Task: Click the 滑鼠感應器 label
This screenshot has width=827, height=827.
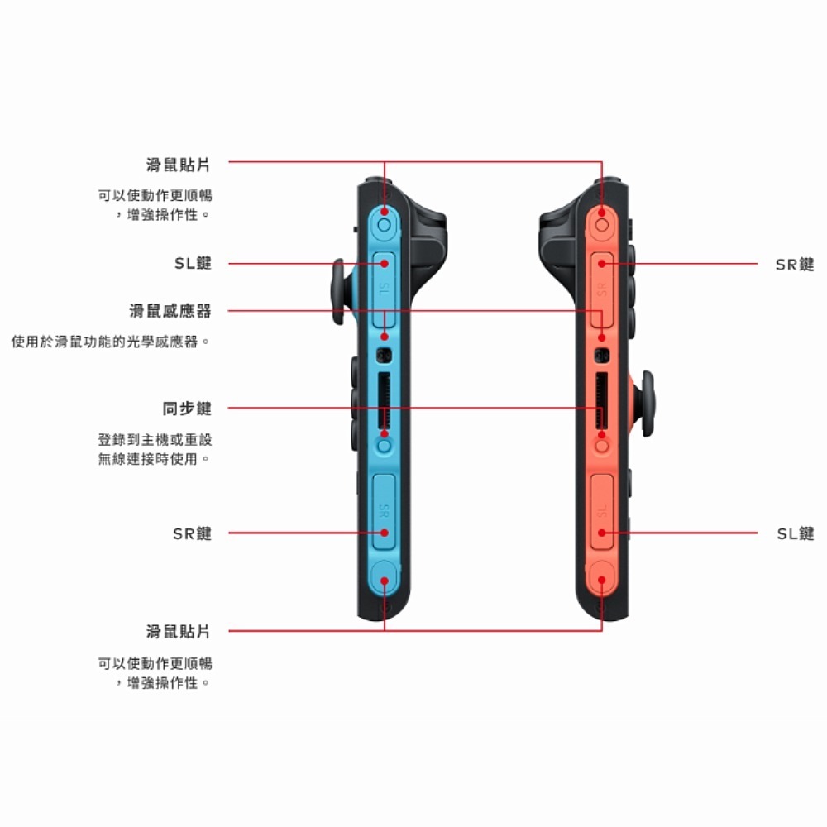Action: tap(170, 311)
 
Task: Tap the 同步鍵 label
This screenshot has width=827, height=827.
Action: tap(187, 409)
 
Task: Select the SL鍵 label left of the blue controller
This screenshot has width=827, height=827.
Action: tap(193, 264)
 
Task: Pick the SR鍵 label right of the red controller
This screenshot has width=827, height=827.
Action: tap(795, 264)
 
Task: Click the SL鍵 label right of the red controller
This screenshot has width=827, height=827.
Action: tap(795, 533)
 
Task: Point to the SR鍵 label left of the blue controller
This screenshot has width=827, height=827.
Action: tap(193, 533)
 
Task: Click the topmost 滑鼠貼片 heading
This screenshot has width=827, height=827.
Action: tap(178, 165)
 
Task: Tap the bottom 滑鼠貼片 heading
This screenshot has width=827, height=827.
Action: tap(178, 632)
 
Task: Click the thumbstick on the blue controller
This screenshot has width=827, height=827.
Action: tap(338, 292)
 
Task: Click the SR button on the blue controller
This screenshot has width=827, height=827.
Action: tap(384, 510)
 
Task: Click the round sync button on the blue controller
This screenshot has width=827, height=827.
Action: tap(384, 445)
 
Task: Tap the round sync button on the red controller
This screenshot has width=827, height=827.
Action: tap(602, 445)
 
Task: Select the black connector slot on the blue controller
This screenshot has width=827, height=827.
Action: tap(383, 399)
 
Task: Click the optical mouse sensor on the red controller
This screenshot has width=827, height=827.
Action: tap(602, 356)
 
